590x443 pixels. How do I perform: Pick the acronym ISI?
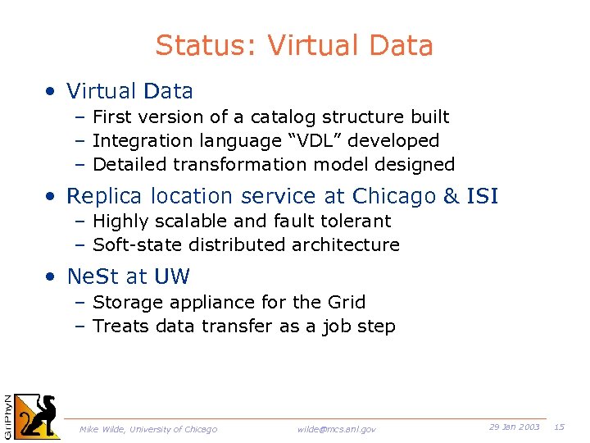(482, 197)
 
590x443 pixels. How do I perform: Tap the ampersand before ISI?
(452, 197)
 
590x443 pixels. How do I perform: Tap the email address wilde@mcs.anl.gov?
(337, 429)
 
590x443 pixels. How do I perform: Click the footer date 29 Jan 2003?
(514, 427)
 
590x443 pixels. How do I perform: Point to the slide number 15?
(560, 427)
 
